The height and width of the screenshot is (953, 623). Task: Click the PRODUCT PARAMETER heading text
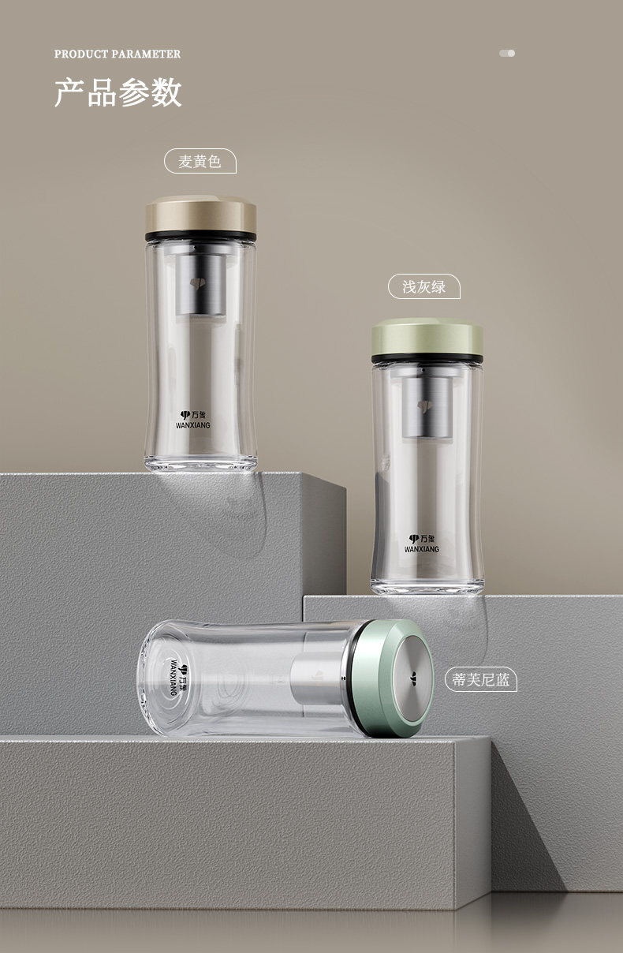pos(118,54)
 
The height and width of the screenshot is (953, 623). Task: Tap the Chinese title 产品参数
pos(118,92)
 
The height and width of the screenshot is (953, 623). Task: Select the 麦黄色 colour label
pos(200,161)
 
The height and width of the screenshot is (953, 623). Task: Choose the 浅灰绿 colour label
pos(424,286)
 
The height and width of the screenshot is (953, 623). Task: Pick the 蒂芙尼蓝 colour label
pos(480,679)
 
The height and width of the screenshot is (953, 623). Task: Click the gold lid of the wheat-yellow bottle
pos(201,215)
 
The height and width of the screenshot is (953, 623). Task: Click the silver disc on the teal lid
pos(412,678)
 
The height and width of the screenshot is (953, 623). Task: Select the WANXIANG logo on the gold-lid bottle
pos(193,420)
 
